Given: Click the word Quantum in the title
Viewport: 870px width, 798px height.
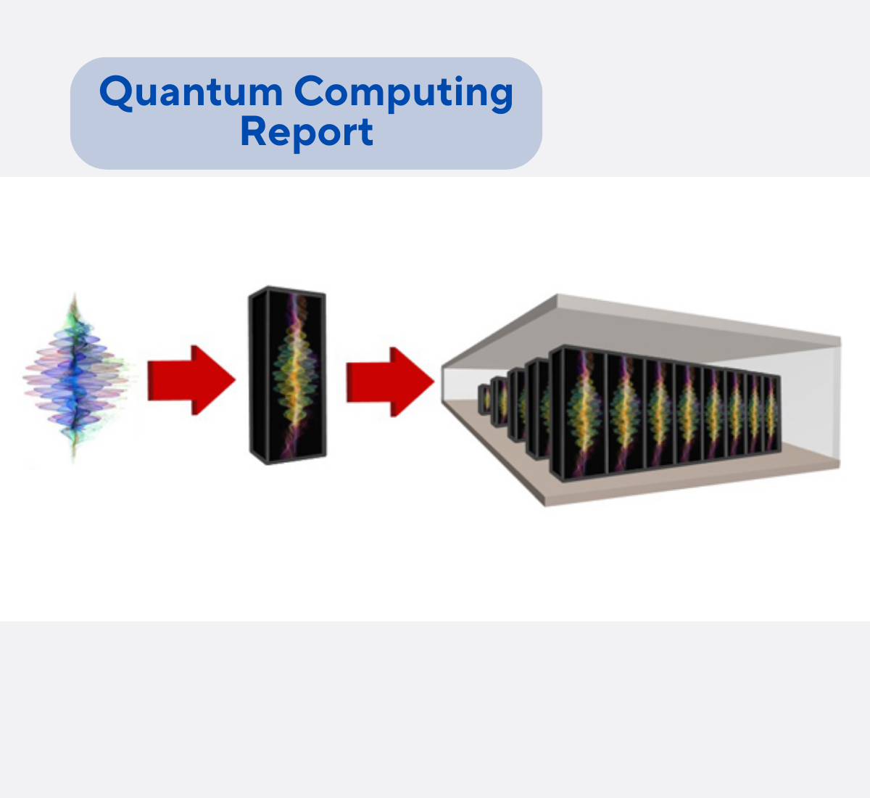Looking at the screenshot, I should tap(191, 93).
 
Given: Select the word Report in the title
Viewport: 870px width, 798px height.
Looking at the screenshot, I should tap(307, 132).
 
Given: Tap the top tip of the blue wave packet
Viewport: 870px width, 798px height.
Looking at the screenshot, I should tap(74, 295).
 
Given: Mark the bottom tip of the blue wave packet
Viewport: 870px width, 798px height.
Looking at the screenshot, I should tap(73, 460).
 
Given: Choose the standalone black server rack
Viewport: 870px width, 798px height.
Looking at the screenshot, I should tap(288, 376).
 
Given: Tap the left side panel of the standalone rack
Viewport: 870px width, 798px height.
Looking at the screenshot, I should tap(257, 376).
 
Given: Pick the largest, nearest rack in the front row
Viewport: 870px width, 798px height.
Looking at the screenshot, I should tap(578, 414).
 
